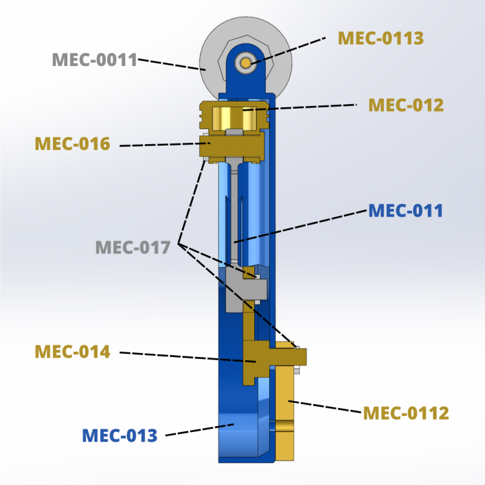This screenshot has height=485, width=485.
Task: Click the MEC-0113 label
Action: [381, 38]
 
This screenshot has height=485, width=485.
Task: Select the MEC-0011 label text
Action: [94, 60]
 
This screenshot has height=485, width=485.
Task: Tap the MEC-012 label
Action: [405, 105]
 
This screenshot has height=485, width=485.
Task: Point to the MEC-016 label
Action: [72, 144]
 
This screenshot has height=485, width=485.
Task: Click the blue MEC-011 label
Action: [405, 211]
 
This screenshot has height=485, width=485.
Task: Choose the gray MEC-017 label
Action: [133, 247]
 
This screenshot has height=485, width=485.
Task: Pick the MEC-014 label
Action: [72, 352]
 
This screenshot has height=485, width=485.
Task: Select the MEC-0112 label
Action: [405, 413]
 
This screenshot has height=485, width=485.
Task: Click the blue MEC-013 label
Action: [120, 435]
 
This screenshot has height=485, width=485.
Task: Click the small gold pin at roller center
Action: [246, 62]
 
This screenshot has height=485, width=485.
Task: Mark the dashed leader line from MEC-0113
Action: [291, 49]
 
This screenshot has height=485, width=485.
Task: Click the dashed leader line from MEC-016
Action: [162, 145]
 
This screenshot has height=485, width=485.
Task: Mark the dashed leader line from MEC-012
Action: [304, 107]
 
